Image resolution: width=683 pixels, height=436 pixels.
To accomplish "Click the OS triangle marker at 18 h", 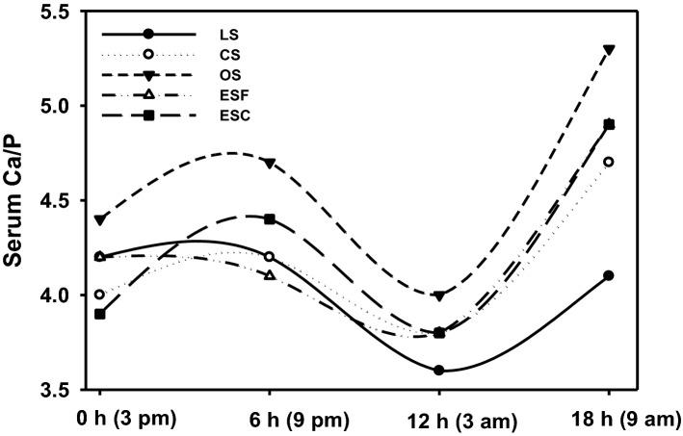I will (x=609, y=49).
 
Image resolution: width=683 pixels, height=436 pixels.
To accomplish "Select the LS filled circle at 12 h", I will (x=439, y=371).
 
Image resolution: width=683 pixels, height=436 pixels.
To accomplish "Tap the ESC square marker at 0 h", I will (x=99, y=314).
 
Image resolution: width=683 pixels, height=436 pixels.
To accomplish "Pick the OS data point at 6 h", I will (x=270, y=163).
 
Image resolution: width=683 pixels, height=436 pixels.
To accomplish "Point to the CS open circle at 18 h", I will (x=609, y=162).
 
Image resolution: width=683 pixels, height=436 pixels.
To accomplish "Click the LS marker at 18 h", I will (x=609, y=275).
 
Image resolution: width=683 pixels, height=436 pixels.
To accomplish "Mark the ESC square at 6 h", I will (x=270, y=219).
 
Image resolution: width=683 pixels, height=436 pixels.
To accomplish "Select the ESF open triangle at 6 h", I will (x=270, y=275).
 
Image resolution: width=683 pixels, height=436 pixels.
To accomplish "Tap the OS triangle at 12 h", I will (x=439, y=295).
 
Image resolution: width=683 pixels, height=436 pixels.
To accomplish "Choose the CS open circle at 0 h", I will (x=99, y=295).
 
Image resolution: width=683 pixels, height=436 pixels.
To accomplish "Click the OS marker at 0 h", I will (x=99, y=219).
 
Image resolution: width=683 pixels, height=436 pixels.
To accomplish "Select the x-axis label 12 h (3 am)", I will (x=439, y=421).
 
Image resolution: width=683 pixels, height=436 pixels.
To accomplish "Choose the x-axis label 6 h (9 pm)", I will (x=270, y=421).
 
